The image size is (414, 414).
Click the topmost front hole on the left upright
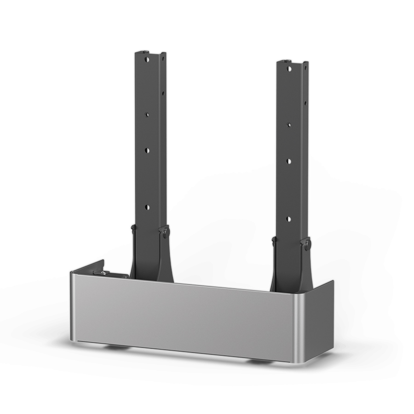[x=147, y=59]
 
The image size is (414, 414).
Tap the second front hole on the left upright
[x=147, y=114]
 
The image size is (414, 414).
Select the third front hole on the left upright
[x=148, y=150]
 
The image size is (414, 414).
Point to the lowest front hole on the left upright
[x=148, y=207]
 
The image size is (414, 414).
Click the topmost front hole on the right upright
[x=289, y=69]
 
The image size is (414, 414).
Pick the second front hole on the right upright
[x=289, y=124]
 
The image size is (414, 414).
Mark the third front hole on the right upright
[x=289, y=161]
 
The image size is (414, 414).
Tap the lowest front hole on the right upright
[x=289, y=218]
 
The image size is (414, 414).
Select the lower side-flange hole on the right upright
[x=305, y=103]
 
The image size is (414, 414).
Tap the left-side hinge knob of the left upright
[x=133, y=228]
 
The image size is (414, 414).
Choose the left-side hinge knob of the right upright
[x=274, y=240]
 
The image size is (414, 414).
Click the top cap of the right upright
[x=287, y=61]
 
